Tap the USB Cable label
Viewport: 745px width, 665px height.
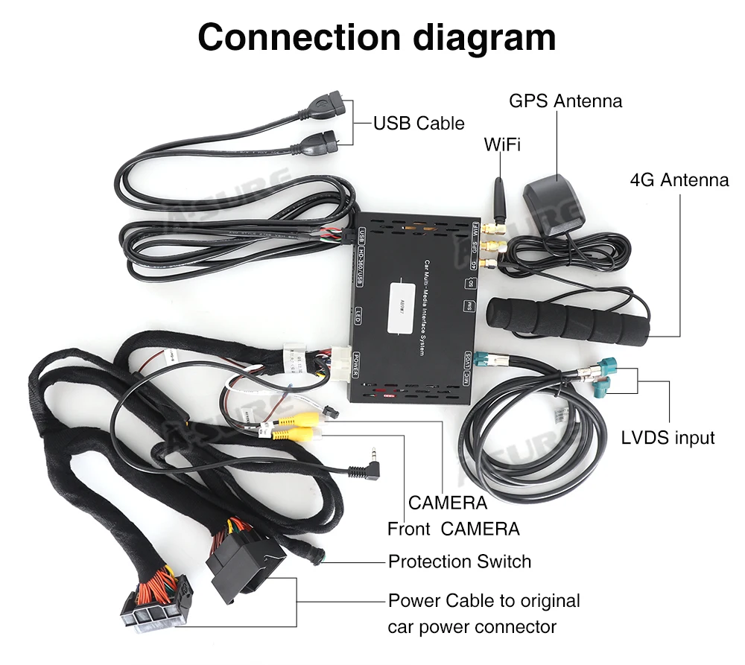point(419,123)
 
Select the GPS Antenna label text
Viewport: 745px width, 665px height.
point(565,101)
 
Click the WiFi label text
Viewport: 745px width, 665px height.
point(502,144)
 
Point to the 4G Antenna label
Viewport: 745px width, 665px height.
point(679,179)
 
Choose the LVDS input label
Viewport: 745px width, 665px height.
point(668,437)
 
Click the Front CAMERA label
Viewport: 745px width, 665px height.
point(453,529)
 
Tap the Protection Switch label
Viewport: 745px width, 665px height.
point(460,561)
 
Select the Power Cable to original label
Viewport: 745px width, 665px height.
point(484,600)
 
